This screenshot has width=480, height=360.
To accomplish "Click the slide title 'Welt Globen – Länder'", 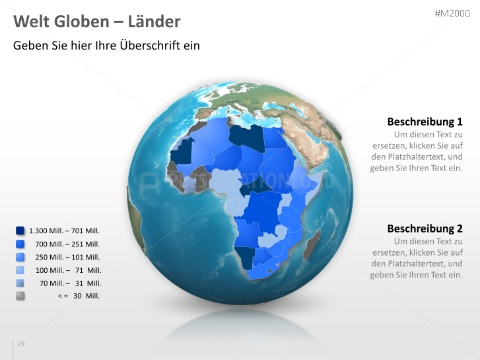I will click(x=97, y=22).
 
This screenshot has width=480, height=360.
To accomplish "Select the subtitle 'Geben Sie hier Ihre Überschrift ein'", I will click(x=106, y=46).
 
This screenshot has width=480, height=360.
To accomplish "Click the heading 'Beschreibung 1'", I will click(x=425, y=122).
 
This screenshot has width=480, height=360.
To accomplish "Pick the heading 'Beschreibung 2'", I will click(x=425, y=229).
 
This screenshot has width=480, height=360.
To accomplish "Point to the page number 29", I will click(x=21, y=344).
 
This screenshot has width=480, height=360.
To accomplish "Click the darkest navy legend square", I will click(x=20, y=231).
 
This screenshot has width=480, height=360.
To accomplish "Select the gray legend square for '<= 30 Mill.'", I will click(x=20, y=296).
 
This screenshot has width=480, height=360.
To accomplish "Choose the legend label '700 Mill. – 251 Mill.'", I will click(x=67, y=244).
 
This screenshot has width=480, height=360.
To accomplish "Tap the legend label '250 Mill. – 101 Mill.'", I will click(x=67, y=257).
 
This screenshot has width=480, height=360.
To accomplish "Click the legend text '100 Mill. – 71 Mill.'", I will click(x=68, y=270).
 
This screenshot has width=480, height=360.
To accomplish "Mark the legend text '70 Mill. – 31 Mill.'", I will click(x=70, y=283).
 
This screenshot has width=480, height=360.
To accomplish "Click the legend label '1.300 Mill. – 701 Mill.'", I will click(x=64, y=231).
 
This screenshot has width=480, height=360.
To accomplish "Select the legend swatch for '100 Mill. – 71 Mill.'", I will click(x=20, y=270).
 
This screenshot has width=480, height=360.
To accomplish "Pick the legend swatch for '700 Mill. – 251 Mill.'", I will click(x=20, y=244).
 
